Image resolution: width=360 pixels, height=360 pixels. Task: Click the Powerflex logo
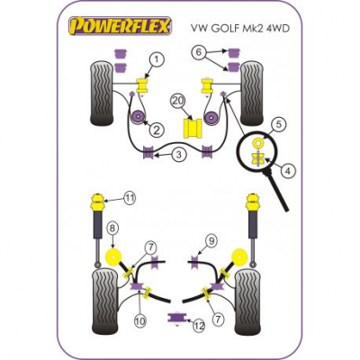121,26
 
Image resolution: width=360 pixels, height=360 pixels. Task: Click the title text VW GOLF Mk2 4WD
240,27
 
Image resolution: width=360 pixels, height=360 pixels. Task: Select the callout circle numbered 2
157,130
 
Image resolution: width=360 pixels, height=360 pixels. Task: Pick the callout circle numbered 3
179,155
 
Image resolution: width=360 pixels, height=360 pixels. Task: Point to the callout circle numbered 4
288,171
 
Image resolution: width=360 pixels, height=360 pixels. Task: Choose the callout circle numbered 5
279,124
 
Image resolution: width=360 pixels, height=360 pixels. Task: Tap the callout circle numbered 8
112,229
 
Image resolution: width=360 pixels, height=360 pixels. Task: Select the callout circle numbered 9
211,241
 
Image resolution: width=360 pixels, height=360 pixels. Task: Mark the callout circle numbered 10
139,320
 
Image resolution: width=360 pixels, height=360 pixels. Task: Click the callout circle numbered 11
130,198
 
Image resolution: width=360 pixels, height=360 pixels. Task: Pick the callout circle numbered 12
199,326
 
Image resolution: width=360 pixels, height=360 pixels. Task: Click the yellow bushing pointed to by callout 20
193,129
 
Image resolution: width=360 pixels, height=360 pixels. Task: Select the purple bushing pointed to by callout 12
176,317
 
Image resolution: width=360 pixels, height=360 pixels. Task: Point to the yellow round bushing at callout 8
113,257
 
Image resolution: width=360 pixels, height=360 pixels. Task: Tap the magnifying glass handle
277,190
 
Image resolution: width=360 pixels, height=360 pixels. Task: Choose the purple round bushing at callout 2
139,116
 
